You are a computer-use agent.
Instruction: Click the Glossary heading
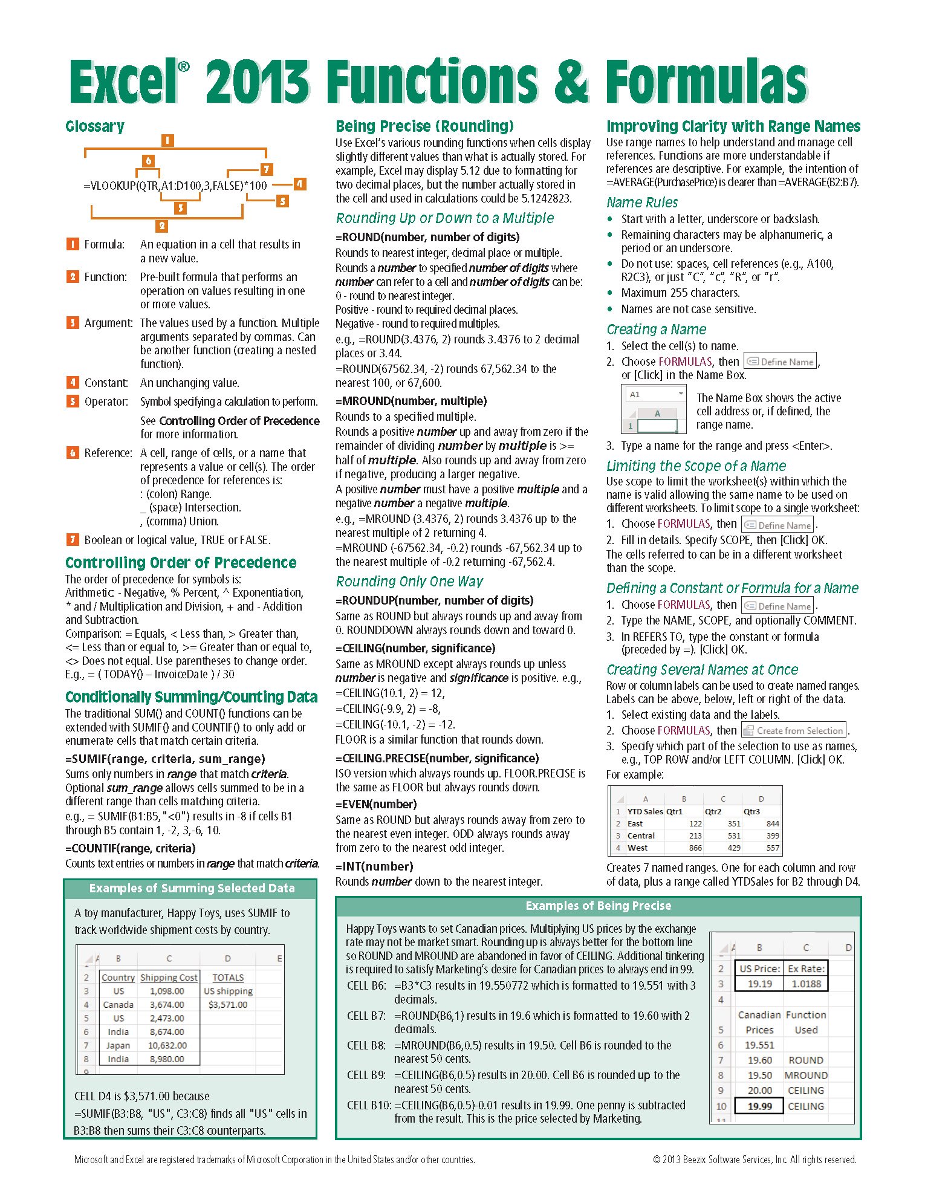coord(95,126)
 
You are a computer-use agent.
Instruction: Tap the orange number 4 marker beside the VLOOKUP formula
coord(299,184)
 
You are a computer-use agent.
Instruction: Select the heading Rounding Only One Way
coord(409,582)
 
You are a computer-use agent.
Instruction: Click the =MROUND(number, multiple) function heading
coord(411,401)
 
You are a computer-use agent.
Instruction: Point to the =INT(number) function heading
coord(374,866)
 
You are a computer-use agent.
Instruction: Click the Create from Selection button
coord(793,730)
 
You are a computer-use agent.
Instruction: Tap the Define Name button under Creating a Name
coord(780,362)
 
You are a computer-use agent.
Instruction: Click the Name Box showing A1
coord(655,394)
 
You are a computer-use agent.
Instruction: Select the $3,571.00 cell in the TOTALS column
coord(228,1004)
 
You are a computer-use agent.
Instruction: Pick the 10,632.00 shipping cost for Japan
coord(167,1045)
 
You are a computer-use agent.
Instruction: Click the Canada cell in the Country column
coord(118,1004)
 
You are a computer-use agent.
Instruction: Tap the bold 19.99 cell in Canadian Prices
coord(759,1106)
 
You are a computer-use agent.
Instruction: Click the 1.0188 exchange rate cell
coord(806,984)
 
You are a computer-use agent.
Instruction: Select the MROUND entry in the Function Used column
coord(806,1075)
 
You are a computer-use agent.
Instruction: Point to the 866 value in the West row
coord(695,848)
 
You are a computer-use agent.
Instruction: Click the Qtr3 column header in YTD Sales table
coord(752,811)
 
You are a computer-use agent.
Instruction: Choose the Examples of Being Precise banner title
coord(598,906)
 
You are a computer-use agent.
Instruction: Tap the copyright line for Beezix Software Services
coord(755,1160)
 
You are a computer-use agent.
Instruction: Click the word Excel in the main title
coord(124,83)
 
